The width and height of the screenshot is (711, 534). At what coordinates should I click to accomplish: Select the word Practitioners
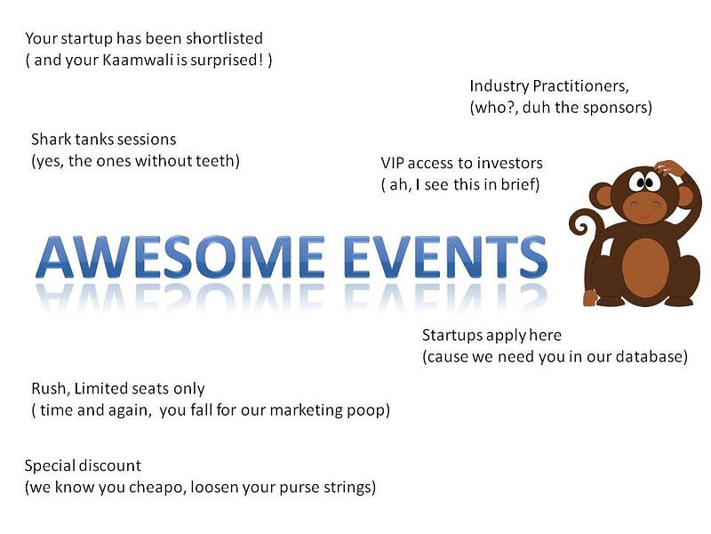coord(581,85)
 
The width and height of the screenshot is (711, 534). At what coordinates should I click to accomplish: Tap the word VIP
coord(392,163)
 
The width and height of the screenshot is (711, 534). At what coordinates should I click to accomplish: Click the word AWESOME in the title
coord(180,256)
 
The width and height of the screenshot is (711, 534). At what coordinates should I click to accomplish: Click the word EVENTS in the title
coord(446,256)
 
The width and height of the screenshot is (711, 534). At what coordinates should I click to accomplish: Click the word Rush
coord(51,389)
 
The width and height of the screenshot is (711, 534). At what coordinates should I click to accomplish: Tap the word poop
coord(368,410)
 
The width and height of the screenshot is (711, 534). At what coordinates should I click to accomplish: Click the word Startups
coord(452,336)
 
